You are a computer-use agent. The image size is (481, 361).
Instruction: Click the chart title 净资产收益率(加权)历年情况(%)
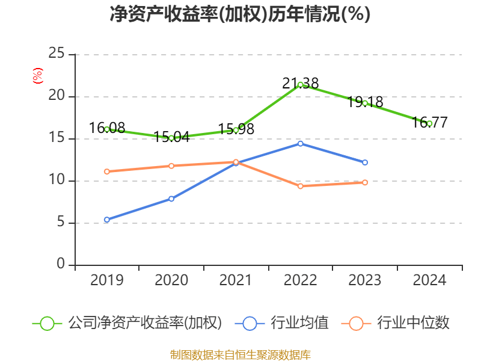pos(240,14)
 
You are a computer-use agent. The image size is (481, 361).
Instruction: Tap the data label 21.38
pos(301,84)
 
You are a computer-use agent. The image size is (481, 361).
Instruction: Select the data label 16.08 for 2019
pos(107,128)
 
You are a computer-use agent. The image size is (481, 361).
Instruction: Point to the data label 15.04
pos(171,137)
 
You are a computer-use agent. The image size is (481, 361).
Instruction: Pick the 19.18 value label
pos(365,102)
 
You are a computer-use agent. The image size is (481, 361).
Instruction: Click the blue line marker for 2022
pos(300,143)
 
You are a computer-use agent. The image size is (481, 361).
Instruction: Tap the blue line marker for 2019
pos(107,220)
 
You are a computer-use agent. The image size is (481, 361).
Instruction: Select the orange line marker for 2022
pos(300,186)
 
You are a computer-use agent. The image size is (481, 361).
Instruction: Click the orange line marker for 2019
pos(107,171)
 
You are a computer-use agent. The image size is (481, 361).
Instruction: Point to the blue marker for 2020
pos(171,199)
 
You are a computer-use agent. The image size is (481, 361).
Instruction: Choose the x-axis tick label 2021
pos(236,280)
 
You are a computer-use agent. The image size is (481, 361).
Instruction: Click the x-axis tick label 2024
pos(429,280)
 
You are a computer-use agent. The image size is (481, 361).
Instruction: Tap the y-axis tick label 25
pos(57,54)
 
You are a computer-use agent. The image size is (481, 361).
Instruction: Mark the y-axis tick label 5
pos(61,223)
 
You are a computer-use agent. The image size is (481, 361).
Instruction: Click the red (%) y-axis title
pos(37,75)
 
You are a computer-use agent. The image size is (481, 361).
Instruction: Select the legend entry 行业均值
pos(299,323)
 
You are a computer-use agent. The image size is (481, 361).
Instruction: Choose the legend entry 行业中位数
pos(413,323)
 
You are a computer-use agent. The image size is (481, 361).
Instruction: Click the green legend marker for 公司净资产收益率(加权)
pos(47,323)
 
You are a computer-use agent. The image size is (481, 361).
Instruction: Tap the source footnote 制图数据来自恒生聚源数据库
pos(240,354)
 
